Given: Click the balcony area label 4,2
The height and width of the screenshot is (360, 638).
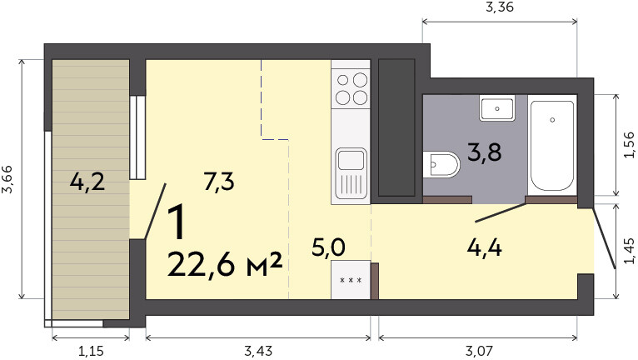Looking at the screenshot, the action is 87,182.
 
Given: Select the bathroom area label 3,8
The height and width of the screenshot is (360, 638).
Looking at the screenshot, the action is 484,152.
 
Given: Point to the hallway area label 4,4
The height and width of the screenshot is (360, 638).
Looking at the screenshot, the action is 484,247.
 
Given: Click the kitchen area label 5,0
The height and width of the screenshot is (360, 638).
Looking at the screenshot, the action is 328,247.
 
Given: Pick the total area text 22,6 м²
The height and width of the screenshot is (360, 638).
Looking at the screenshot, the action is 225,264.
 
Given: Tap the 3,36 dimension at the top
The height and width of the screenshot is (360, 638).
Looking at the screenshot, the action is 500,7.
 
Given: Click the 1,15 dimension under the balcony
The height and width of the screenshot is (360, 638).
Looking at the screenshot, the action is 91,351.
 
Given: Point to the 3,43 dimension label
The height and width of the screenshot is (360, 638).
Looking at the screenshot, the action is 258,351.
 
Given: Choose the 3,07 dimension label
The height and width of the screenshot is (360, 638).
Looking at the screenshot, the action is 478,351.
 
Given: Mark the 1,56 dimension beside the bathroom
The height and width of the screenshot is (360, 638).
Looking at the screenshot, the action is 629,144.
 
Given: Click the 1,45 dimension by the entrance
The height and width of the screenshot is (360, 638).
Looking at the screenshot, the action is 629,251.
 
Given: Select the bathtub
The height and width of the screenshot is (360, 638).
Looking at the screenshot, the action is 552,146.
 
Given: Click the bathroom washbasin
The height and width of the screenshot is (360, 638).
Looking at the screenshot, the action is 496,108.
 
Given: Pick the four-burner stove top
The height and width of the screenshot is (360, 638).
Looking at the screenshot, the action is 351,88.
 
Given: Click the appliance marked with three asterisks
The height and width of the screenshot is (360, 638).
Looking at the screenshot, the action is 351,280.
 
